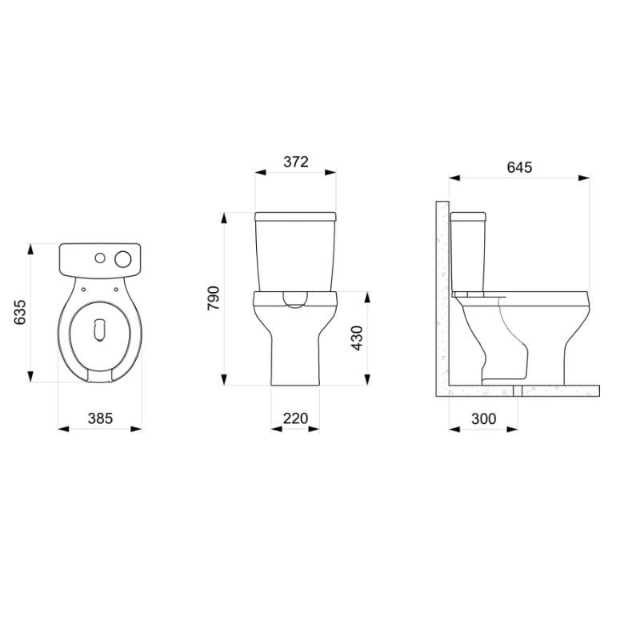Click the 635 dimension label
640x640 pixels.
19,312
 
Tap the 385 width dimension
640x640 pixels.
100,418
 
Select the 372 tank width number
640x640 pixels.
296,162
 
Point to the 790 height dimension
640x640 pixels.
214,298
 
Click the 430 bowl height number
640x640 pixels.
357,338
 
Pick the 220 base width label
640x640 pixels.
295,418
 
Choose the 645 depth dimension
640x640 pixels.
519,167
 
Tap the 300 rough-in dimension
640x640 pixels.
484,418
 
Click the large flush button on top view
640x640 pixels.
123,259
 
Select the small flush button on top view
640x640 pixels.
100,258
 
